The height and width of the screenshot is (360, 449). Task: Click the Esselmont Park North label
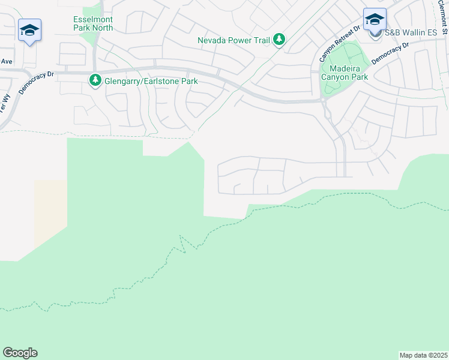tap(92, 23)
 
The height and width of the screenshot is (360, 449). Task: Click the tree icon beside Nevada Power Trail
tap(279, 40)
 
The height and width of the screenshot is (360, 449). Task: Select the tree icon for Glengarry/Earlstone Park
tap(95, 80)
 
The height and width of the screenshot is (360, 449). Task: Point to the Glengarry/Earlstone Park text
tap(147, 81)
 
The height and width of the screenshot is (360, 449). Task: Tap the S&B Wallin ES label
tap(411, 32)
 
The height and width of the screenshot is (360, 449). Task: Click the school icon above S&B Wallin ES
tap(375, 19)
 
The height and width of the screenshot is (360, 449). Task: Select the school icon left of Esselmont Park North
tap(29, 30)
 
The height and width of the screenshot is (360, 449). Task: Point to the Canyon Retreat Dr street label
tap(340, 44)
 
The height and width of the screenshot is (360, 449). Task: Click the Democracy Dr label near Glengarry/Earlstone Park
tap(36, 79)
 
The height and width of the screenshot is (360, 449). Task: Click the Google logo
tap(20, 353)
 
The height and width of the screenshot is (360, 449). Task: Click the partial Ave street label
tap(6, 61)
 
